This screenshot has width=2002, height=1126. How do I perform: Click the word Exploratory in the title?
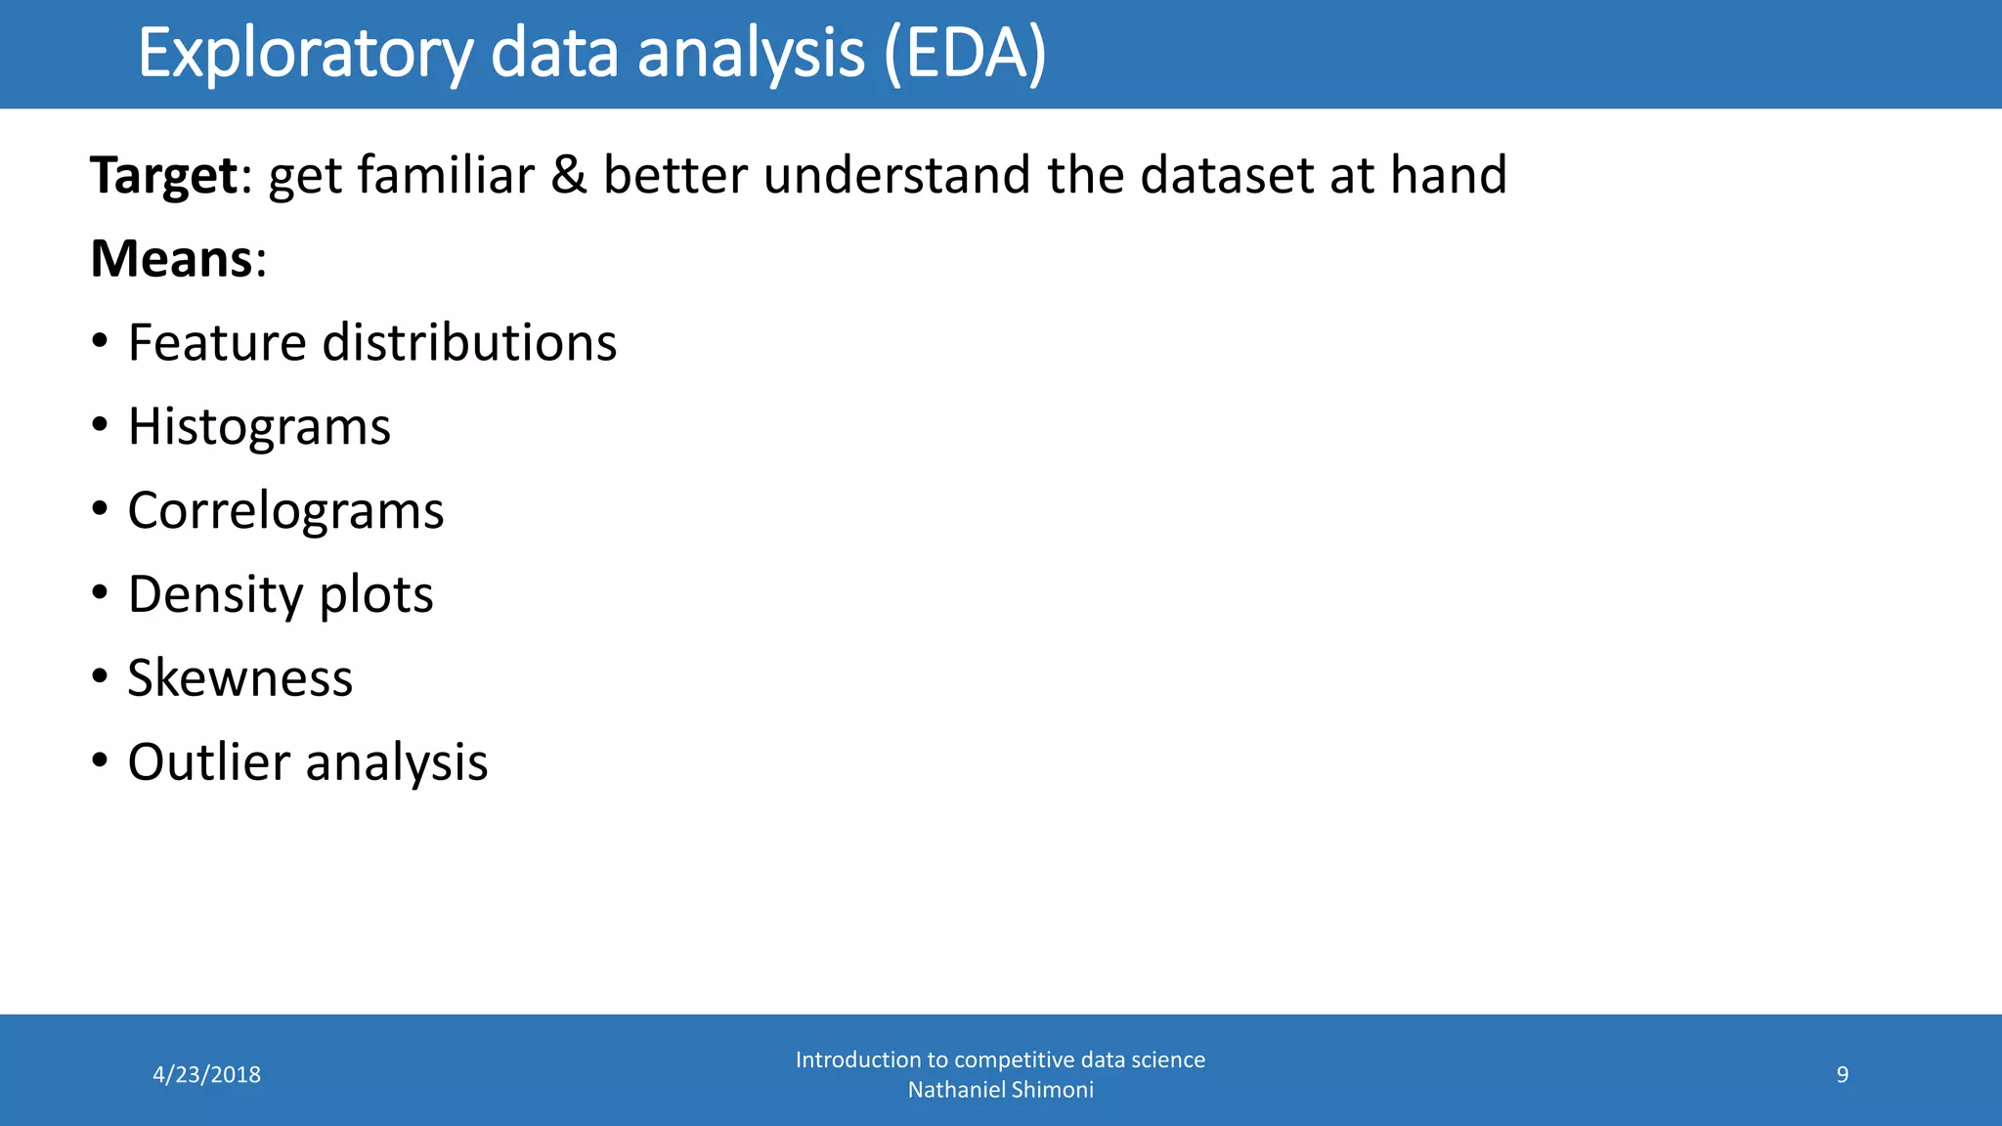[x=305, y=54]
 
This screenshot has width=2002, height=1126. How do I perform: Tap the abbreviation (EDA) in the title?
[x=965, y=54]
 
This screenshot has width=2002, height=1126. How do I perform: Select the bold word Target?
[x=163, y=176]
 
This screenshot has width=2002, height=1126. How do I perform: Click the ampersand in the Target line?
[x=568, y=176]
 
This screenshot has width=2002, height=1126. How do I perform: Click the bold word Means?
[x=172, y=260]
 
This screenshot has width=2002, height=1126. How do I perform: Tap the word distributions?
[x=469, y=343]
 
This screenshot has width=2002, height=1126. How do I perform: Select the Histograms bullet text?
[x=259, y=428]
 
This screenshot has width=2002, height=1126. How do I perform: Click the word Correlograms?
[x=285, y=511]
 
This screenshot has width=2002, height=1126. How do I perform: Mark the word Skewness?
[x=239, y=678]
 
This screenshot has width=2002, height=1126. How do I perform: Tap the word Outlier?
[x=208, y=762]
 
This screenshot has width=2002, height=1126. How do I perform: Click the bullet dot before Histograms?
[x=100, y=425]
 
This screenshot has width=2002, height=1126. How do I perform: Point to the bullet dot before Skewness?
[x=100, y=676]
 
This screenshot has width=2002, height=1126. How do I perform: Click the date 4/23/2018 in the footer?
[x=206, y=1074]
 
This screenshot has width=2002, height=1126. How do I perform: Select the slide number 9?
[x=1842, y=1074]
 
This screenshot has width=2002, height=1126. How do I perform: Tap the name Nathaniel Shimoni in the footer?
[x=1000, y=1090]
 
